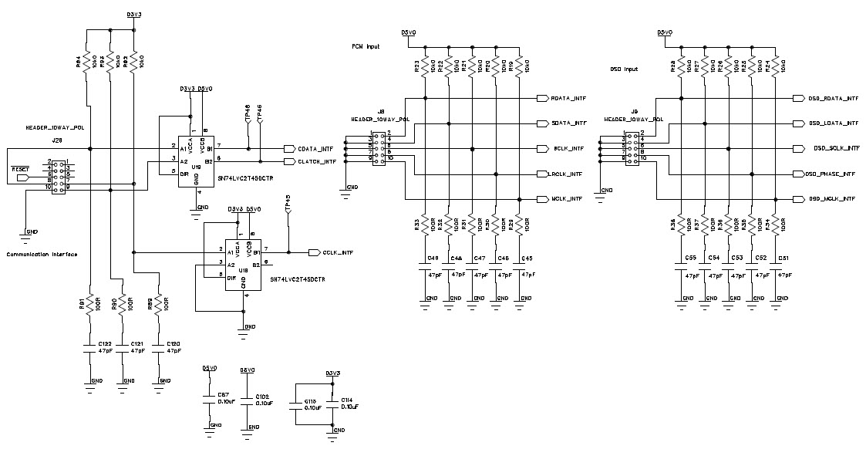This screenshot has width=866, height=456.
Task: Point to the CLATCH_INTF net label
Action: tap(315, 161)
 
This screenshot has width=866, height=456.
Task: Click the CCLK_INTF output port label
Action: tap(337, 252)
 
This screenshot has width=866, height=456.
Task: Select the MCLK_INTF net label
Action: tap(567, 199)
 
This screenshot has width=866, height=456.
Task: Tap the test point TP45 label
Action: tap(288, 202)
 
